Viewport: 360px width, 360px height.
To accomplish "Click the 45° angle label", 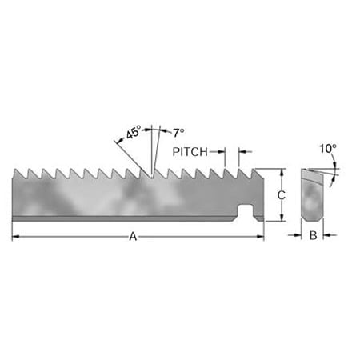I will tap(132, 133).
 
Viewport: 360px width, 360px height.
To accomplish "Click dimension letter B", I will tap(313, 235).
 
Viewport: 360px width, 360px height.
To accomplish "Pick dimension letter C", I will tap(281, 194).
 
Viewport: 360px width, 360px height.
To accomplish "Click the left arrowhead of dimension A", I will tap(14, 236).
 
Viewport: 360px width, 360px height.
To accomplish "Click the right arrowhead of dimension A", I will tap(261, 236).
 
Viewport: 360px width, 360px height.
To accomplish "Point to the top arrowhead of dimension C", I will tap(281, 172).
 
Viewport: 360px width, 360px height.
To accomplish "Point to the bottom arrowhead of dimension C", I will tap(281, 218).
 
